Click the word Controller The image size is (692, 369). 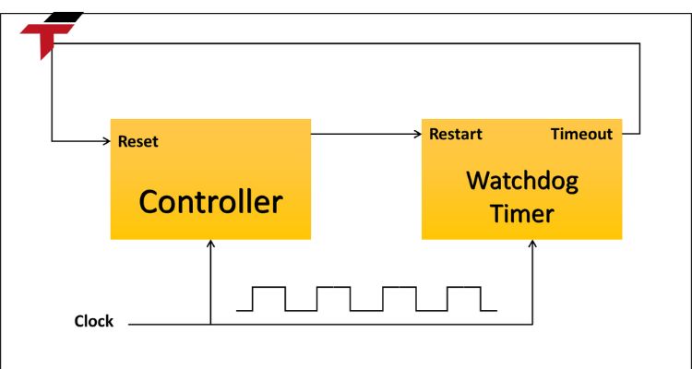pyautogui.click(x=210, y=201)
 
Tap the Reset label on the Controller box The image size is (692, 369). pyautogui.click(x=138, y=141)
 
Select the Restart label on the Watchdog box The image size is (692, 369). pyautogui.click(x=456, y=134)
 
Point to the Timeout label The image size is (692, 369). pyautogui.click(x=581, y=134)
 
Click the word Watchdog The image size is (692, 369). pyautogui.click(x=522, y=180)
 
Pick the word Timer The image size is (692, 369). pyautogui.click(x=522, y=214)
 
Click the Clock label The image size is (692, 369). pyautogui.click(x=94, y=321)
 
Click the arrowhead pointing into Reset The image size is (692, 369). pyautogui.click(x=104, y=141)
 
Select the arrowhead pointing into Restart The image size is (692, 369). pyautogui.click(x=416, y=134)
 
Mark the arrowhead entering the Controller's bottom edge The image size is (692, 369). pyautogui.click(x=211, y=245)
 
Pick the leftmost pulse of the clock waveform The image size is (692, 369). pyautogui.click(x=269, y=298)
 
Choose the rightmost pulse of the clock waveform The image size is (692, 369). pyautogui.click(x=463, y=298)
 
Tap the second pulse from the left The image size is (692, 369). pyautogui.click(x=334, y=298)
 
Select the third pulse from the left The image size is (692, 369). pyautogui.click(x=399, y=298)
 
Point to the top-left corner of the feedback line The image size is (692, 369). pyautogui.click(x=53, y=43)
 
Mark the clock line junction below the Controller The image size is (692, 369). pyautogui.click(x=211, y=325)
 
